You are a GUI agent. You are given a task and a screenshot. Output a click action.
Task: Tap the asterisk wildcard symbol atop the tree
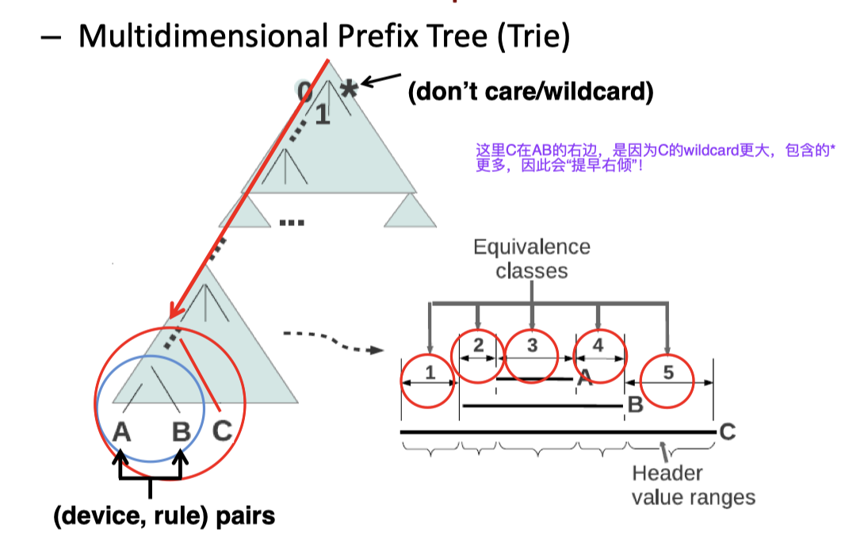(x=348, y=89)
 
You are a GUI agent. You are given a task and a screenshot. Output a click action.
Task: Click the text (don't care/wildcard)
(x=530, y=92)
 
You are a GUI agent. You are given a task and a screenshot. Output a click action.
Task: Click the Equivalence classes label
(x=532, y=258)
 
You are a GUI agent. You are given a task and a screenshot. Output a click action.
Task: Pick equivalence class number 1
(x=430, y=372)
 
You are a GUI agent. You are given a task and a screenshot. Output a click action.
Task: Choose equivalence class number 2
(x=477, y=345)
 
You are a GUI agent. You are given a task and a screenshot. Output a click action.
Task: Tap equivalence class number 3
(x=532, y=345)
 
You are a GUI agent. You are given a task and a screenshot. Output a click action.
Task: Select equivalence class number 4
(x=598, y=346)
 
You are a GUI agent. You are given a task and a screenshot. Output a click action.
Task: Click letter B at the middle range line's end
(x=634, y=405)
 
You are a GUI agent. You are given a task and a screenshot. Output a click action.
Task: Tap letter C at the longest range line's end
(x=728, y=431)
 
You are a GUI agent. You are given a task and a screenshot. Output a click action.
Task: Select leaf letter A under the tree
(x=121, y=431)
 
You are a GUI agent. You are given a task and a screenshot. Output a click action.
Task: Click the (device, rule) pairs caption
(x=164, y=516)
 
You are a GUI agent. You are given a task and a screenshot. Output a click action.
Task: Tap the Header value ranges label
(x=693, y=485)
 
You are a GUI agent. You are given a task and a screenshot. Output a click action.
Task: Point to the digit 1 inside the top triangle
(x=321, y=116)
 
